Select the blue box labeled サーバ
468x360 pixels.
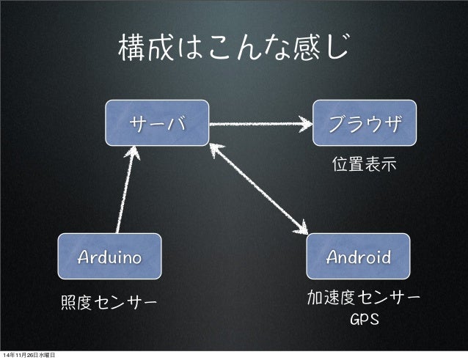point(157,121)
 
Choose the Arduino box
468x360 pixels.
point(110,257)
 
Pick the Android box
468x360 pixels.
point(358,257)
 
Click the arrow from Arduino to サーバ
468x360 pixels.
point(125,186)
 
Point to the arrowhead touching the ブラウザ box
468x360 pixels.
point(307,123)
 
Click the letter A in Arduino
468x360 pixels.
point(84,257)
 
